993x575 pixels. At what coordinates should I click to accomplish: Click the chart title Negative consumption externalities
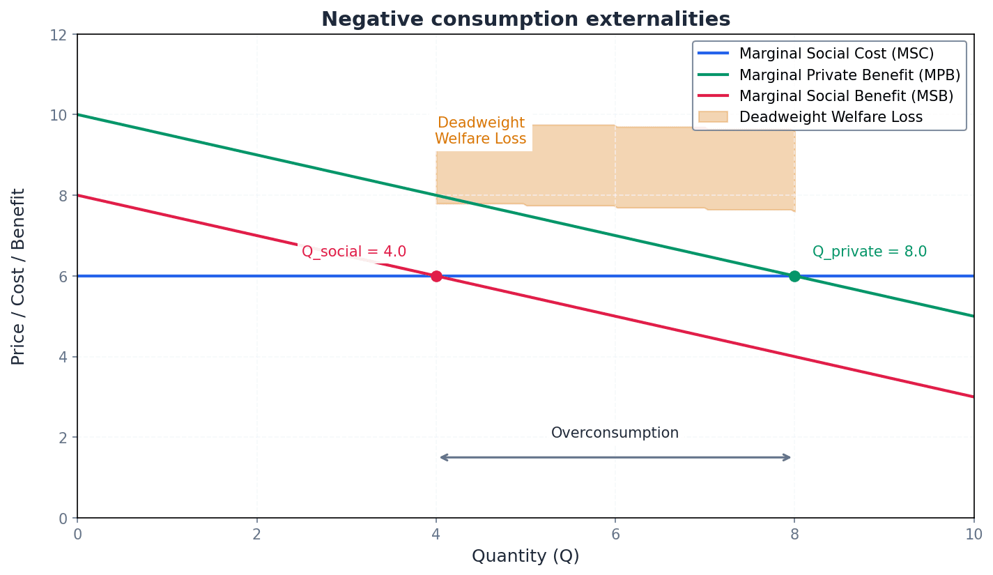pyautogui.click(x=525, y=19)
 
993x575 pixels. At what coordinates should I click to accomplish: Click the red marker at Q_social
pyautogui.click(x=436, y=276)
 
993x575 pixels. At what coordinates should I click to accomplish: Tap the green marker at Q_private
pyautogui.click(x=794, y=276)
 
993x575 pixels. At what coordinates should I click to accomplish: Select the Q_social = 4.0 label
pyautogui.click(x=353, y=252)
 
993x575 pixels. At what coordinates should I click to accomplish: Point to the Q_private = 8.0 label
pyautogui.click(x=869, y=252)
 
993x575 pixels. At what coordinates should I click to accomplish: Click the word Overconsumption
pyautogui.click(x=615, y=433)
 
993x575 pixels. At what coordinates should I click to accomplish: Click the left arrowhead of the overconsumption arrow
pyautogui.click(x=442, y=457)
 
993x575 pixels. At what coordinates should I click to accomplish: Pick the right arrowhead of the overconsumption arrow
pyautogui.click(x=789, y=457)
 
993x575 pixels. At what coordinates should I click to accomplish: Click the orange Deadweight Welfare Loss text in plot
pyautogui.click(x=481, y=131)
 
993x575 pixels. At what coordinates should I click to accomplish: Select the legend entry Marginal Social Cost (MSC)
pyautogui.click(x=836, y=54)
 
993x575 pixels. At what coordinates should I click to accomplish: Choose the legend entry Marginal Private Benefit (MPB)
pyautogui.click(x=849, y=75)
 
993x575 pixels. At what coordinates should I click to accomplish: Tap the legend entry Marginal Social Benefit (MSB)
pyautogui.click(x=846, y=95)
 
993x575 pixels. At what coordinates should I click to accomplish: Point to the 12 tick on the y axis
pyautogui.click(x=59, y=35)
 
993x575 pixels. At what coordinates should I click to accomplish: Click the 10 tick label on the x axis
pyautogui.click(x=973, y=535)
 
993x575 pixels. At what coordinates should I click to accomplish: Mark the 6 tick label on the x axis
pyautogui.click(x=615, y=535)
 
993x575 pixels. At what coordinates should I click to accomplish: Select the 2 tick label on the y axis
pyautogui.click(x=63, y=438)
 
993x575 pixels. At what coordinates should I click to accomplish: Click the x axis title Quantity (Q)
pyautogui.click(x=525, y=556)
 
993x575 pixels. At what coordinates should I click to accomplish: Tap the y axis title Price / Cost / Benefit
pyautogui.click(x=19, y=276)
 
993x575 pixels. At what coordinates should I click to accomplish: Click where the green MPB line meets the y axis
pyautogui.click(x=77, y=114)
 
